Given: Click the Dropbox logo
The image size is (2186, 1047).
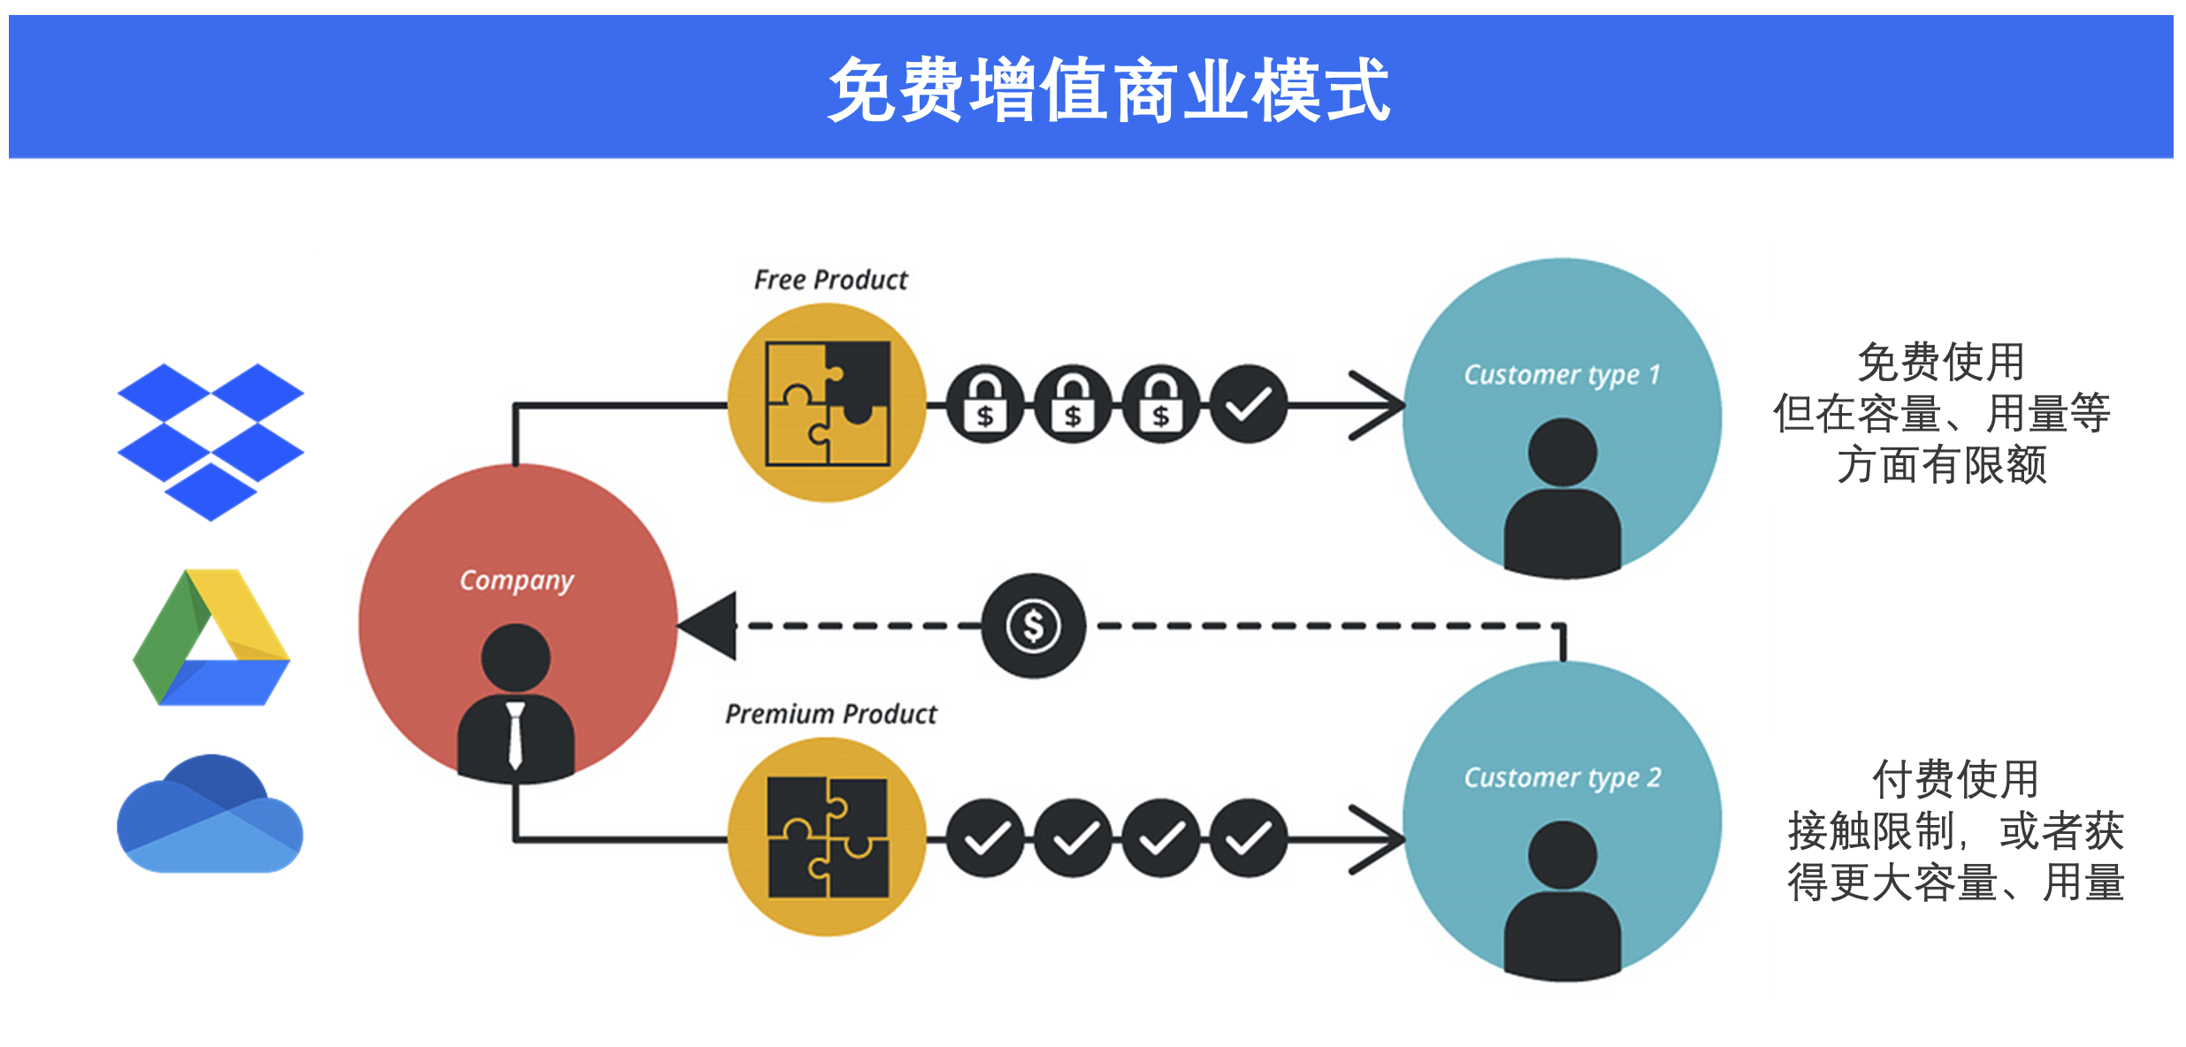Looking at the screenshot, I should [x=210, y=440].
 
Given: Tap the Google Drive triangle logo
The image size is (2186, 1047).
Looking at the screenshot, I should [x=211, y=638].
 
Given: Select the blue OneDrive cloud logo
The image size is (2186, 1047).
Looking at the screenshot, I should [x=210, y=815].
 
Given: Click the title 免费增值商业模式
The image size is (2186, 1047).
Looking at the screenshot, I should [x=1108, y=89].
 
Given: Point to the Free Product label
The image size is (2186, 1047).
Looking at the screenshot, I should [x=830, y=280].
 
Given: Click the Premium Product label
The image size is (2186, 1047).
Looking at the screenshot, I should [x=830, y=714].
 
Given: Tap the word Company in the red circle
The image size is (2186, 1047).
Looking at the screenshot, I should [x=516, y=580].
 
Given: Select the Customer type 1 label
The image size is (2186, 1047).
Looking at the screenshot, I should [x=1562, y=375].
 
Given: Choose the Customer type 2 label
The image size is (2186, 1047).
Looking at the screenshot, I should [x=1562, y=777].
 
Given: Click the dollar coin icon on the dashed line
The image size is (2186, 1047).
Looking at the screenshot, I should [x=1033, y=626].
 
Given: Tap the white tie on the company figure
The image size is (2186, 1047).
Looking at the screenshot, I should [x=516, y=734].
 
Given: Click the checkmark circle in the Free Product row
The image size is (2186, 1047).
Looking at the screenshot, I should [x=1248, y=405].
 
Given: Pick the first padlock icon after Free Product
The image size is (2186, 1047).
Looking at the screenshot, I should [x=985, y=405].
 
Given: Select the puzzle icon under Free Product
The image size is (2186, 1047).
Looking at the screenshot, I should [x=828, y=403].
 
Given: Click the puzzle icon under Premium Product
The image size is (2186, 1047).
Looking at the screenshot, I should [x=828, y=837].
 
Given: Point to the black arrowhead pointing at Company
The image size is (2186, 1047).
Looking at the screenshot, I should [x=709, y=626].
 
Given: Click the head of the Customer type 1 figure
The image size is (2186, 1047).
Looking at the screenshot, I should [x=1563, y=452].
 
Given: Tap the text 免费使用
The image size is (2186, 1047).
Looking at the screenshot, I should [x=1941, y=362].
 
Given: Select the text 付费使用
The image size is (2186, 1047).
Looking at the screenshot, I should [x=1955, y=779].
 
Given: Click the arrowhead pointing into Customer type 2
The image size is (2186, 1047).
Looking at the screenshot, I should [x=1380, y=838].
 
